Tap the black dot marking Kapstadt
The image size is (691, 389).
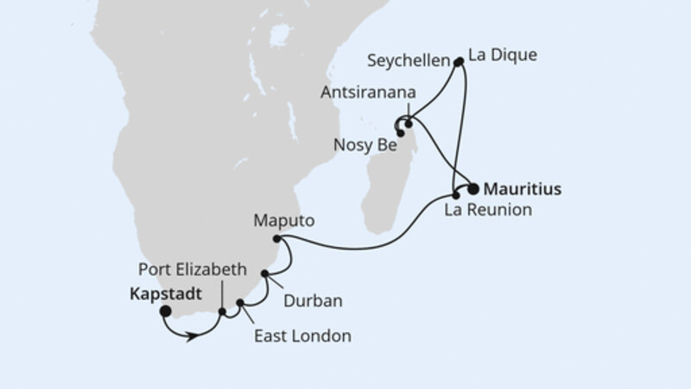tap(164, 312)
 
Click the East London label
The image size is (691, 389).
tap(301, 336)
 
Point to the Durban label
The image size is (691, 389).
tap(313, 301)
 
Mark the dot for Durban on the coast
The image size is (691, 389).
tap(265, 274)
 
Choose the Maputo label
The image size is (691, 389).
tap(282, 220)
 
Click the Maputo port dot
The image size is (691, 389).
tap(276, 239)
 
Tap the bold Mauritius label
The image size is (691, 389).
tap(523, 187)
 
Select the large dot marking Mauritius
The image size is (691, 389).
tap(473, 187)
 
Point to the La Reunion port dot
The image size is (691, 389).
tap(456, 195)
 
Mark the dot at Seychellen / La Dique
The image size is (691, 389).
tap(459, 61)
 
